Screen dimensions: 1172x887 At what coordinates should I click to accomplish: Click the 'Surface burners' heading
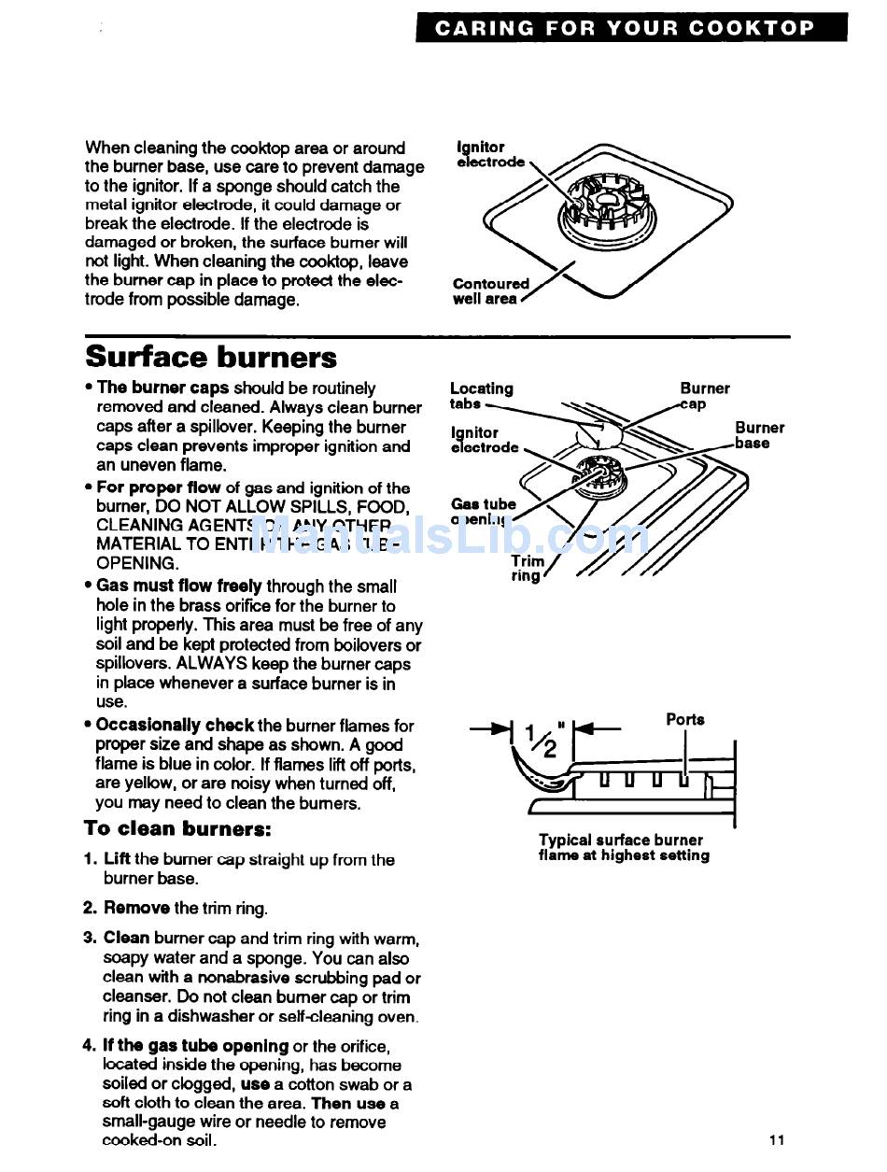(211, 358)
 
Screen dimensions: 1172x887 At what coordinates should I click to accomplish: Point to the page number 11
(778, 1139)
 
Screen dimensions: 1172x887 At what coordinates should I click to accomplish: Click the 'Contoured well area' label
(490, 291)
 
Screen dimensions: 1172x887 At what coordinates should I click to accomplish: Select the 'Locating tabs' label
(481, 396)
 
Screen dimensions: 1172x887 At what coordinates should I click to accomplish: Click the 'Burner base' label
(759, 435)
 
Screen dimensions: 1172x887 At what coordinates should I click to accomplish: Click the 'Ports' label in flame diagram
(685, 719)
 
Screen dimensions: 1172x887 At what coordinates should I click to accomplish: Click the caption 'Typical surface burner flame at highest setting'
(623, 848)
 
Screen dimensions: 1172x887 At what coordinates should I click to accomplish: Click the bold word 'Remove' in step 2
(136, 908)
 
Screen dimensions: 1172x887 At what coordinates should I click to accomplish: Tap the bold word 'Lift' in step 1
(117, 859)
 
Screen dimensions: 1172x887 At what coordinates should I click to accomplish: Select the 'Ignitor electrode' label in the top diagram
(490, 155)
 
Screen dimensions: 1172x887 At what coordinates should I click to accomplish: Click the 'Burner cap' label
(704, 396)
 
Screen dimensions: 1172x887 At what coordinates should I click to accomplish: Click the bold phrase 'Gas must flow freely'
(179, 586)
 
